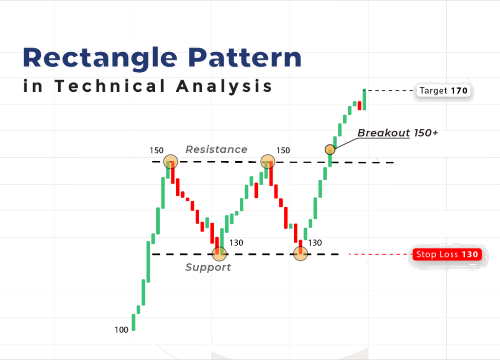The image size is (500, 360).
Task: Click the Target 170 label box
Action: (443, 90)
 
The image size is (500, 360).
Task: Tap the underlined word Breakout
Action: (384, 133)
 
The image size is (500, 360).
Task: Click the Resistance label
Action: (216, 149)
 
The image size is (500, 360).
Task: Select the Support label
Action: (208, 267)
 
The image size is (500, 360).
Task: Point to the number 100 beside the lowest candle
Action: (122, 330)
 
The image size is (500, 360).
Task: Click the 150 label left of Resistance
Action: (157, 150)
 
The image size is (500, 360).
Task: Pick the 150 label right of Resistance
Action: (283, 150)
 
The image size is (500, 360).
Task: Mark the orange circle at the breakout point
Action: (330, 149)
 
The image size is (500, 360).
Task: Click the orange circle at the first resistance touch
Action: (170, 162)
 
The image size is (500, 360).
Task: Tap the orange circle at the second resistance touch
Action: (267, 162)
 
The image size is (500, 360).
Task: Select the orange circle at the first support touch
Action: (220, 254)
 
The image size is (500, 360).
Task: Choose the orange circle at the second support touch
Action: (301, 254)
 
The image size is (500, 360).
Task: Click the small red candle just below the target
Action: (359, 105)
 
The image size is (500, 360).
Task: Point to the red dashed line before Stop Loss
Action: (379, 254)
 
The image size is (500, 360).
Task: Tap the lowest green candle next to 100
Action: (133, 322)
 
